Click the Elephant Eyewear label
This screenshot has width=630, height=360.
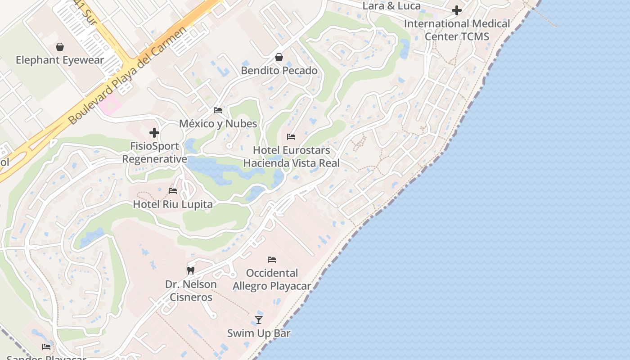pos(60,60)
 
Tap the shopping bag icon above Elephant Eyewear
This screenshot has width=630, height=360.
pos(60,47)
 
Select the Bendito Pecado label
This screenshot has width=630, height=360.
pos(279,71)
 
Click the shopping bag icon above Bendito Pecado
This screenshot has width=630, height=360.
pos(279,57)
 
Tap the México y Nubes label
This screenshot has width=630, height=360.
pos(218,124)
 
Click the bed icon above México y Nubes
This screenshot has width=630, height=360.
pos(218,110)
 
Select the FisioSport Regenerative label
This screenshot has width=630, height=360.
pos(154,153)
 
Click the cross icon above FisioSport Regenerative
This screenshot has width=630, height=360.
pos(154,133)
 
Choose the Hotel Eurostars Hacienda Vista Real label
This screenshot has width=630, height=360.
pos(292,157)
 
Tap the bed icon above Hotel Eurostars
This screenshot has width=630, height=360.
pos(291,137)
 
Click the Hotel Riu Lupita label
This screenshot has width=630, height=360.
pos(173,204)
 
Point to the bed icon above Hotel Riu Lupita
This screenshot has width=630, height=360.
pos(173,191)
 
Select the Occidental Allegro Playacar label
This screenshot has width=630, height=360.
pos(272,279)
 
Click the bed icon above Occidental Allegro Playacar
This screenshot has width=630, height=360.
pos(272,260)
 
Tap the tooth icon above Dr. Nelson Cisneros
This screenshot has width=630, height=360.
pos(191,271)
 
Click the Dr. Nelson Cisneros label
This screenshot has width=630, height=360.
pos(191,291)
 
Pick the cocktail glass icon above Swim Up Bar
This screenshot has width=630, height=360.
pos(259,320)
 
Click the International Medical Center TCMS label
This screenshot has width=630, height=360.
pos(457,30)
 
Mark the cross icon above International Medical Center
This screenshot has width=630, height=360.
pos(457,10)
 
